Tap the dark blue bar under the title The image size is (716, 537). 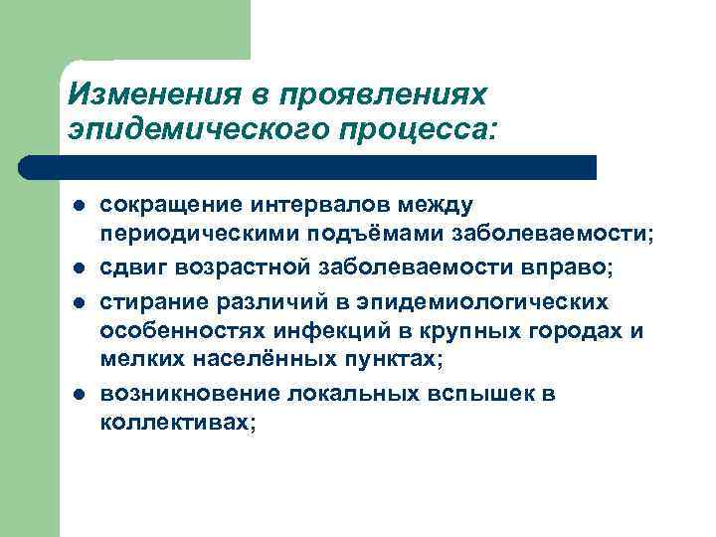pyautogui.click(x=308, y=167)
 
